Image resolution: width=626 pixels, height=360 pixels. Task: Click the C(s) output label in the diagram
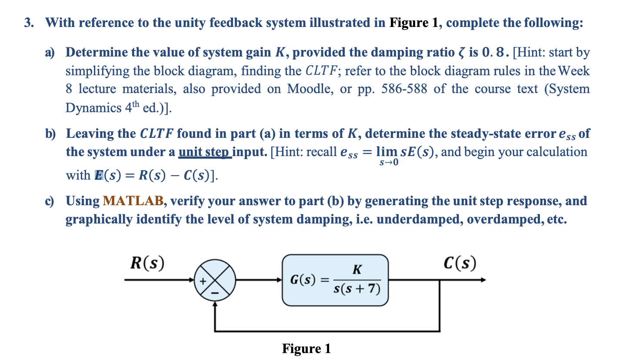pyautogui.click(x=460, y=263)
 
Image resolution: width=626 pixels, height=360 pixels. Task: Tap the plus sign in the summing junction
pyautogui.click(x=203, y=281)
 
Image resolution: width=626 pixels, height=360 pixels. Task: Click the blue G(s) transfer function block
pyautogui.click(x=335, y=280)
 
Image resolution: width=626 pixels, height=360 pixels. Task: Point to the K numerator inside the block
pyautogui.click(x=356, y=270)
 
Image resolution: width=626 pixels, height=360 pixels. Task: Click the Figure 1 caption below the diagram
pyautogui.click(x=306, y=349)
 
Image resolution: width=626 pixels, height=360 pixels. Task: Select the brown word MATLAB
pyautogui.click(x=133, y=201)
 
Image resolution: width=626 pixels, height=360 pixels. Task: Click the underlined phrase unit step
pyautogui.click(x=205, y=152)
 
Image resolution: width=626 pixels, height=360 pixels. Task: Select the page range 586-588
pyautogui.click(x=406, y=89)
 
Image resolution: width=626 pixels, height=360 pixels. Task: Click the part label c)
pyautogui.click(x=51, y=201)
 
